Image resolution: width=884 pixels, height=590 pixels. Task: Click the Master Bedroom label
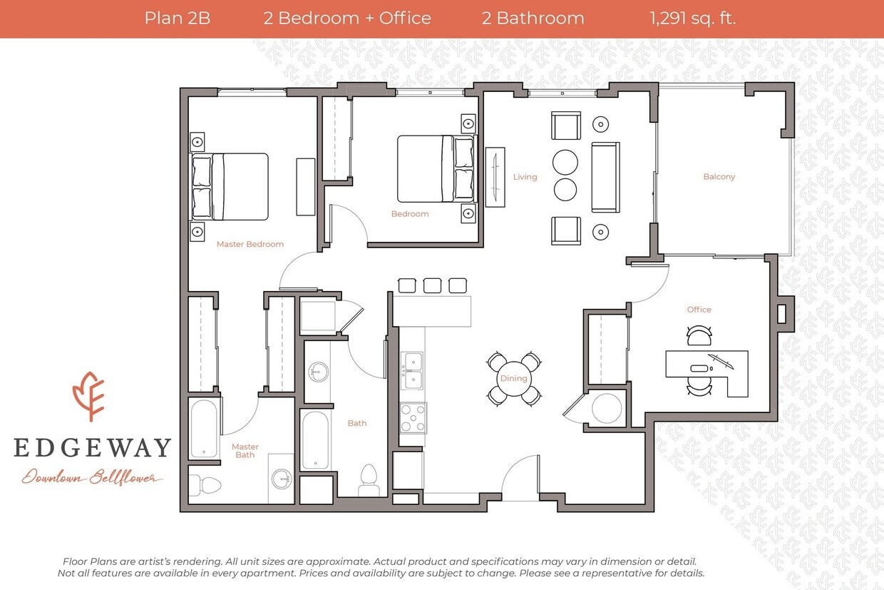250,244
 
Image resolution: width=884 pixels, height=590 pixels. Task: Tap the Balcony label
719,177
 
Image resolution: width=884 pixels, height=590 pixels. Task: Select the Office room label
699,310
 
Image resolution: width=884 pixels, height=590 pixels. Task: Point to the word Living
525,177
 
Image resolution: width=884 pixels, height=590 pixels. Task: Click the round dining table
513,378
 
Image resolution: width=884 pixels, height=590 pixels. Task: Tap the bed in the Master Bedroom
230,186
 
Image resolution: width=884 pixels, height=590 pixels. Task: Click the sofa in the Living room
605,177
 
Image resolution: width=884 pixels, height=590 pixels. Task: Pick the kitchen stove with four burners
413,418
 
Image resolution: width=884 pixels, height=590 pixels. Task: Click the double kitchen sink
411,371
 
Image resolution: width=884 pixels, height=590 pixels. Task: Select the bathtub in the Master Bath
205,428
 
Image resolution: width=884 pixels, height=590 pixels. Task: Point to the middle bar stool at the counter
432,285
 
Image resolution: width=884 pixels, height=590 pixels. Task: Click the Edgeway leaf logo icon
88,396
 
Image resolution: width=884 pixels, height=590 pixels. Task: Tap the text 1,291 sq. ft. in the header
692,19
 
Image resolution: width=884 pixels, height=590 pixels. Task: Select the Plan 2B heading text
177,19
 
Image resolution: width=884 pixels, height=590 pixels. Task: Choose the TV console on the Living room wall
495,177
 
